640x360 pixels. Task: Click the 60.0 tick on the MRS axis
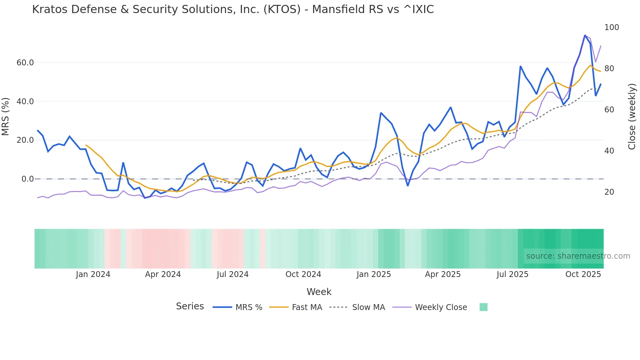point(25,62)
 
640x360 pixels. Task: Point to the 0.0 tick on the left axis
point(27,179)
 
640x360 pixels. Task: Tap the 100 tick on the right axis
point(611,27)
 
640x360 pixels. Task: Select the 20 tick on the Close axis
point(609,192)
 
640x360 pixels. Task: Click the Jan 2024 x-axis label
point(93,274)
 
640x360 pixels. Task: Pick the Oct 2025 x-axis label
point(583,274)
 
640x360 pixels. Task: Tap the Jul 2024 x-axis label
point(232,274)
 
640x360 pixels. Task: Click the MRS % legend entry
point(249,307)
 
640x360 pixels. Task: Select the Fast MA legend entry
point(307,307)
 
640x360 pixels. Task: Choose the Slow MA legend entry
point(368,307)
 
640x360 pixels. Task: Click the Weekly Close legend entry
point(441,307)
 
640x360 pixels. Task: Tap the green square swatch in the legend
point(483,307)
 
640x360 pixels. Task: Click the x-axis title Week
point(319,292)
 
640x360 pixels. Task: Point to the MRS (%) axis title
point(6,116)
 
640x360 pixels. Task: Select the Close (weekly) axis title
point(632,116)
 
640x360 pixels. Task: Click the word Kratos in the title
point(50,9)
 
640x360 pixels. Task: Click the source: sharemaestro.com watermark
point(578,256)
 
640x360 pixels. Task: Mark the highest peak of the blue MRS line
point(585,35)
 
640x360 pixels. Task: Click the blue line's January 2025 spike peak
point(381,113)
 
